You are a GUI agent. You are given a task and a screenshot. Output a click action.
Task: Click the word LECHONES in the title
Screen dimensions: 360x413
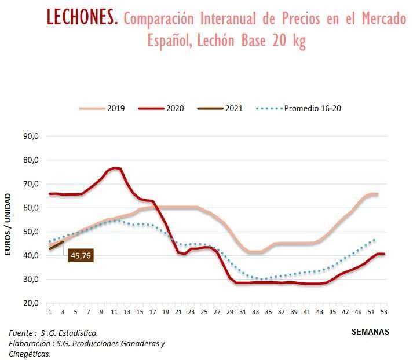pos(82,18)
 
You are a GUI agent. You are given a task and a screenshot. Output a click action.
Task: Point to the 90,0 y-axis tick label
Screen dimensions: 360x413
pos(30,137)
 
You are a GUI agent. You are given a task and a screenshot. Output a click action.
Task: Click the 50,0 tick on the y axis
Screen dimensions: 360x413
pos(30,232)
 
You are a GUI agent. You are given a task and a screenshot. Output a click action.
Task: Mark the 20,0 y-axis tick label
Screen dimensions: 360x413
pos(30,303)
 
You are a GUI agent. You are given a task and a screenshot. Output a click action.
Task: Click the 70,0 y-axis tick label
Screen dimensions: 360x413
pos(30,184)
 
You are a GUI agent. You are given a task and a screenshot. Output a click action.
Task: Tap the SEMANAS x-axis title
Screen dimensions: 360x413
pos(370,332)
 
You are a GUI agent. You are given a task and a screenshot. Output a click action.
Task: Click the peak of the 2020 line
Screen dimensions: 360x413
pos(115,168)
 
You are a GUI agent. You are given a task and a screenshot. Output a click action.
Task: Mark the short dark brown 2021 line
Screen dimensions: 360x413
pos(56,245)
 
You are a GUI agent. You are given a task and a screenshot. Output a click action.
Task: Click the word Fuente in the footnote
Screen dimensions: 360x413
pos(21,333)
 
